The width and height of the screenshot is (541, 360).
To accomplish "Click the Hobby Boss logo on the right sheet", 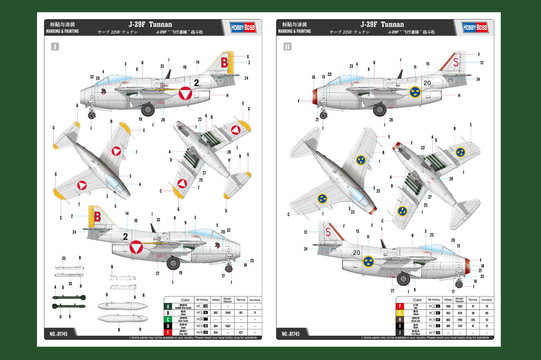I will pos(475,27).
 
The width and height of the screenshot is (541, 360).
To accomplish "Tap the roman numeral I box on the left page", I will pos(55,47).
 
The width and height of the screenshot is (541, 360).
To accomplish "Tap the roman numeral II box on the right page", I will pos(287,47).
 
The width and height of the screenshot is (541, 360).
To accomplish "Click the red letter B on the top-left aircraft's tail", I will pos(224,61).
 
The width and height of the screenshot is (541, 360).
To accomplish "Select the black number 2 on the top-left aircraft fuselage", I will pos(196,82).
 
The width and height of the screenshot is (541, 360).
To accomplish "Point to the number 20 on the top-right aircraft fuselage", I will pos(427,82).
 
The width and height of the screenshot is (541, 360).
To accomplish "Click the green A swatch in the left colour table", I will pos(169,306).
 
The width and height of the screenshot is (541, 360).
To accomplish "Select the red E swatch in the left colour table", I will pos(169,333).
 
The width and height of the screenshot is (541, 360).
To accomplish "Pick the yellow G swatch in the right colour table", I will pos(400,313).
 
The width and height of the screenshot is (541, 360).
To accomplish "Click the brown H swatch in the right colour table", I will pos(400,319).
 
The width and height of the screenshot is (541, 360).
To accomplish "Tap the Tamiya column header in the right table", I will pos(472,300).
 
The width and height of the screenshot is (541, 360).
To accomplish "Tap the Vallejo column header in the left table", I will pos(214,299).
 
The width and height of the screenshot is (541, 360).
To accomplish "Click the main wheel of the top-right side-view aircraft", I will pos(379,110).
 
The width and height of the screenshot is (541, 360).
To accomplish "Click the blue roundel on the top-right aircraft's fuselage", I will pos(416,92).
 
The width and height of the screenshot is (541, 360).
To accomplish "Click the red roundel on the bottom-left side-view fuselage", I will pos(136,247).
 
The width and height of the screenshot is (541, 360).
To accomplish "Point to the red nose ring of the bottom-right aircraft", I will pos(467,263).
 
